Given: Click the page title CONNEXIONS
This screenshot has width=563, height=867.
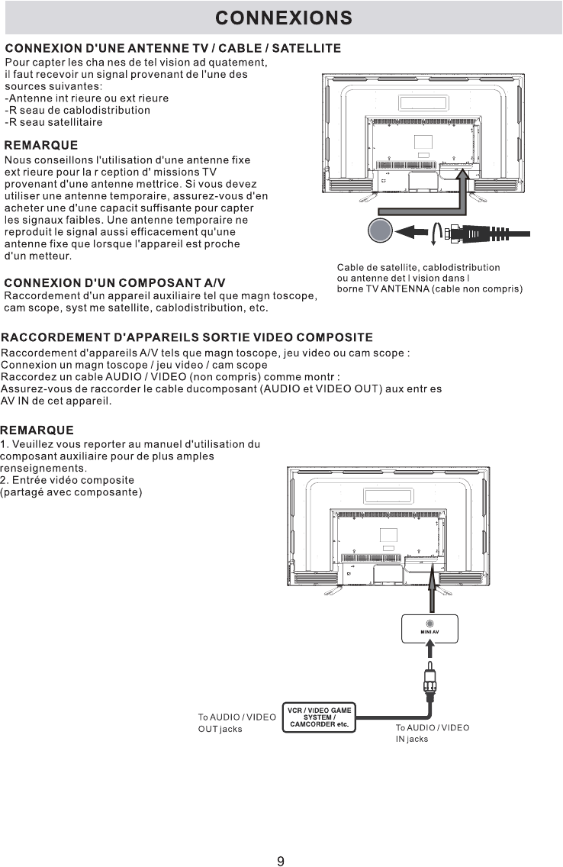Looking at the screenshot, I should [283, 18].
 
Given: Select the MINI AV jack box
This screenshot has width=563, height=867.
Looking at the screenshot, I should [429, 628].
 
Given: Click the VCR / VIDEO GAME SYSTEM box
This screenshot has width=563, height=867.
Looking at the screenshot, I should [320, 717].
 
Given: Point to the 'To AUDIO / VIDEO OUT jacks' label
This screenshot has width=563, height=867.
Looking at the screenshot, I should [236, 723].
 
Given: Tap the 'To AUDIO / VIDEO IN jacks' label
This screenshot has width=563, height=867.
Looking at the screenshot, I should [433, 733].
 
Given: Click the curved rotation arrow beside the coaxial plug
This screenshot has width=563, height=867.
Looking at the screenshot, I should [435, 232].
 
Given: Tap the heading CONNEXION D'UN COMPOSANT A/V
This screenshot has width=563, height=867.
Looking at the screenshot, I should [115, 283].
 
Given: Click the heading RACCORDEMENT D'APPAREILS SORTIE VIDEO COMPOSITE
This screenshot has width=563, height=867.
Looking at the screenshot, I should [187, 337].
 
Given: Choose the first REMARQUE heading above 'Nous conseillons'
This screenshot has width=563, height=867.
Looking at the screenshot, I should [41, 145].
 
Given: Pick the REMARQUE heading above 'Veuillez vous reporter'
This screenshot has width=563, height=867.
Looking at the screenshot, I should [37, 430].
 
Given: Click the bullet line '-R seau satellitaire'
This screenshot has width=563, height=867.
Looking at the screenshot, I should [54, 122].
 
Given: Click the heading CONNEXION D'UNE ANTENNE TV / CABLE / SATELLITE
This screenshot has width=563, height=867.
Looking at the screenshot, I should [173, 49].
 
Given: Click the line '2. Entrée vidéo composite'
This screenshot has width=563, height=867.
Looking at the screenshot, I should [68, 479].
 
